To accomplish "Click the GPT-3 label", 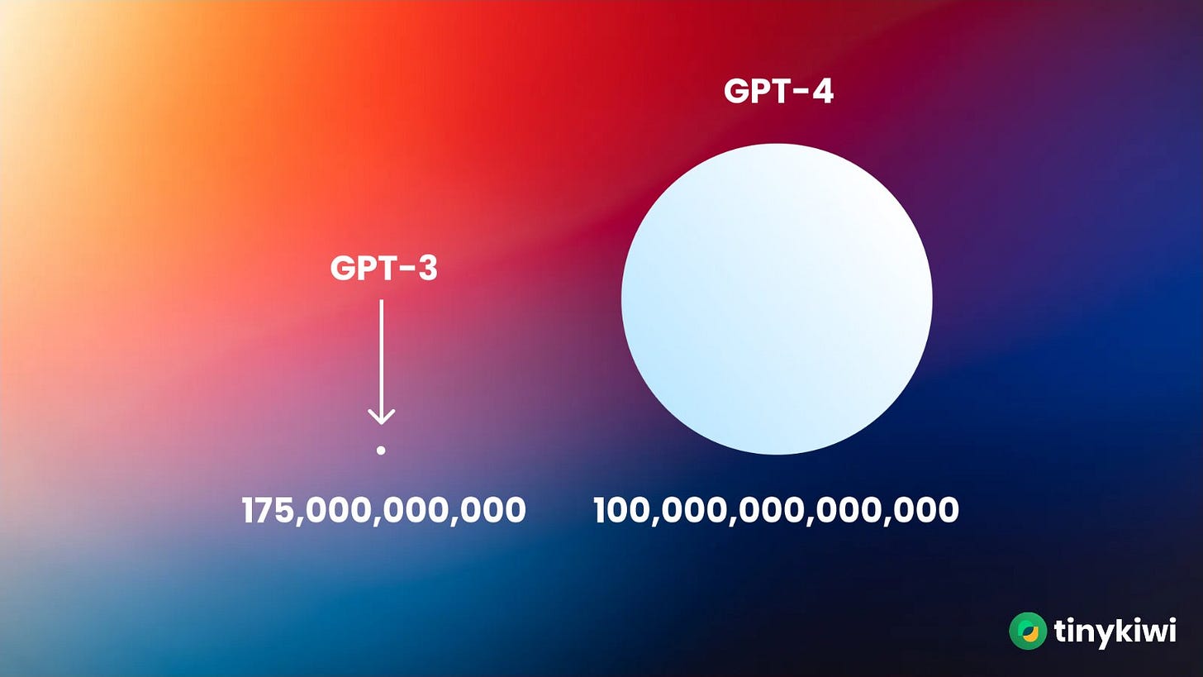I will (x=383, y=268).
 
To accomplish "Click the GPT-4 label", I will (x=778, y=91).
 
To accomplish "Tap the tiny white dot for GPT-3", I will (x=381, y=450).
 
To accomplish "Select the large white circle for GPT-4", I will (x=777, y=299).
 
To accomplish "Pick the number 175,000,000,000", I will (x=383, y=510).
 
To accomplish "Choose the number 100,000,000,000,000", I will (x=776, y=510).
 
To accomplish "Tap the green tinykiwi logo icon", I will (x=1028, y=631).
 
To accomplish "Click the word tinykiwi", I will (x=1115, y=632).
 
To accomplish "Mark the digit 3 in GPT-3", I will (x=426, y=268).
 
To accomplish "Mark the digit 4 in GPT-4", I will (x=821, y=91).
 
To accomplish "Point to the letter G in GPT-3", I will (x=343, y=268).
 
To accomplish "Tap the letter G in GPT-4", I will (x=737, y=91).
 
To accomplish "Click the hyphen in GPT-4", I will (x=800, y=93).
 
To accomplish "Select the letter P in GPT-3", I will (x=367, y=268).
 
